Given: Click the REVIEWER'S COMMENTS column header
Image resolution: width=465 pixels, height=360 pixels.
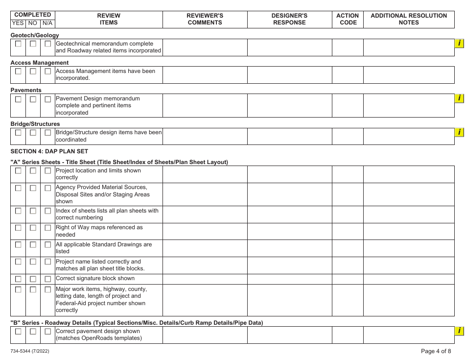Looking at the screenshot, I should pos(205,19).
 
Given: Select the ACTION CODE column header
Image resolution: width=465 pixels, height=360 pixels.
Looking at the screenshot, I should pos(348,19).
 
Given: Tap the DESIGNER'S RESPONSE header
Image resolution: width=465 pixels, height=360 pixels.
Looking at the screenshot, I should pos(289,19).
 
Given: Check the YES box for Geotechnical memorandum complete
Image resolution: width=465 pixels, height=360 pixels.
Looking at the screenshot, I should pos(18,44).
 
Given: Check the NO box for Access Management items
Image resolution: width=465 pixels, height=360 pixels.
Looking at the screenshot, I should pos(33,72).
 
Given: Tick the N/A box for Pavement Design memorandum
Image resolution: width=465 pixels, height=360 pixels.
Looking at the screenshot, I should pos(47,99).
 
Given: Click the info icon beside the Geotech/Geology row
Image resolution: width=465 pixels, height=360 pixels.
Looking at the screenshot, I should pos(459,44).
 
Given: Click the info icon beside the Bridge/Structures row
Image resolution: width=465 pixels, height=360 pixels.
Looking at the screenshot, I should pos(459,132).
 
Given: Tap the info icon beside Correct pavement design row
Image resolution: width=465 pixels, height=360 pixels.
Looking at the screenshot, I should pos(459,331).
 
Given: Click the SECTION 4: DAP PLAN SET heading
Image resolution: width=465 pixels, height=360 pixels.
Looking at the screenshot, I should pos(49,151).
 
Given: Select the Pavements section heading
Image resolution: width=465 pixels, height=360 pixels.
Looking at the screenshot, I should pos(26,90).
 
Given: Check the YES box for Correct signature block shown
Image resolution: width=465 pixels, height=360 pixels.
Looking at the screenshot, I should pos(18,279).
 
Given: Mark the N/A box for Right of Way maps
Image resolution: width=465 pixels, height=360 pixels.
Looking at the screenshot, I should pos(47,228).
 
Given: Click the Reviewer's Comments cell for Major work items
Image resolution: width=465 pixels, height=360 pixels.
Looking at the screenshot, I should pos(205,300).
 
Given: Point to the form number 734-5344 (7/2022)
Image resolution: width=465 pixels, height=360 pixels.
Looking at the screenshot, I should pos(29,351).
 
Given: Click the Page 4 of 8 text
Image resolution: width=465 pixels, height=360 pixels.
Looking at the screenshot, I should pos(436,351).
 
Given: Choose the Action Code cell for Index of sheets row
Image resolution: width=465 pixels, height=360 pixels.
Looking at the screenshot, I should pos(348,214).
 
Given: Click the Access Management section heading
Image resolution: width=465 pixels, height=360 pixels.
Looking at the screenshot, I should pos(40,63).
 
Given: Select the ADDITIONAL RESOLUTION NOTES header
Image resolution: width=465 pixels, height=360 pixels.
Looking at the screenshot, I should pos(409,19).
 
